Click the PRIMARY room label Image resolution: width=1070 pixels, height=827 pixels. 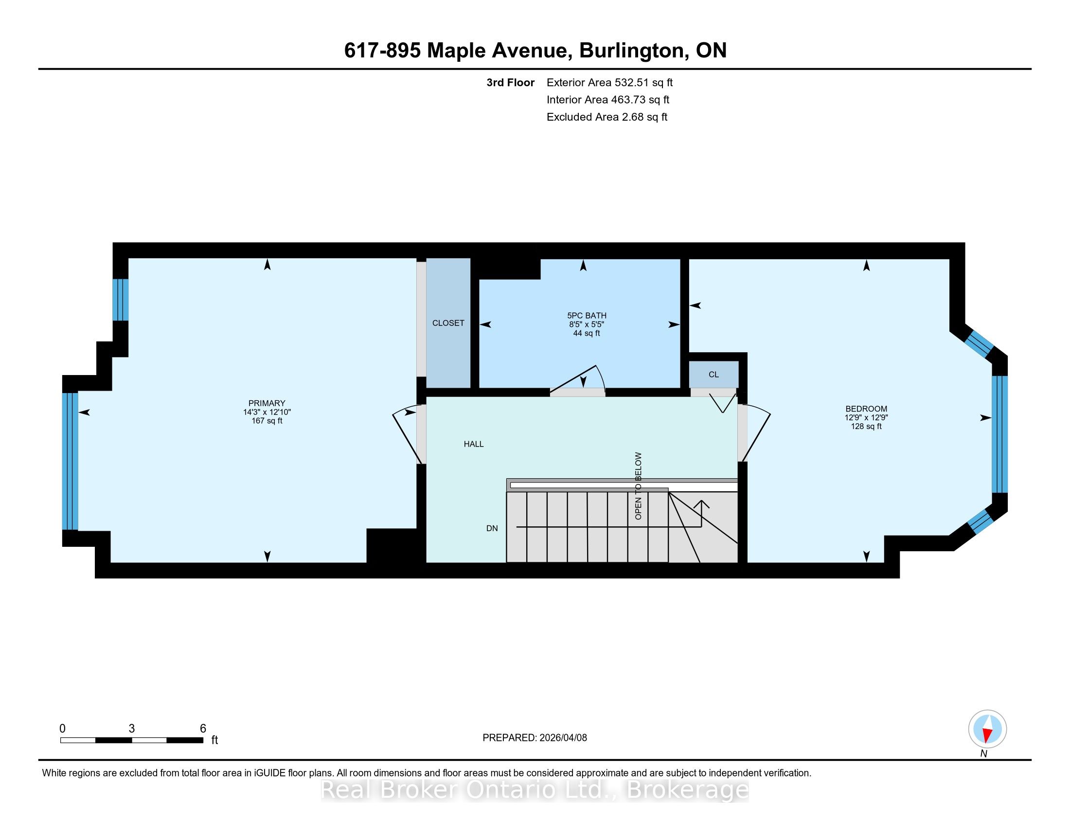267,403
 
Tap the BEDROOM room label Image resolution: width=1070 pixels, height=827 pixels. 866,409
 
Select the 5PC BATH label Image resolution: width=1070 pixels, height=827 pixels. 587,316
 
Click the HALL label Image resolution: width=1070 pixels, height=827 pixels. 474,444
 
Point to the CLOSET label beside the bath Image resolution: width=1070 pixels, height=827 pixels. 448,323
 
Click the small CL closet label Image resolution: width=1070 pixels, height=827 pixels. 714,374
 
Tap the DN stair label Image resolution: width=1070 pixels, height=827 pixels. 492,528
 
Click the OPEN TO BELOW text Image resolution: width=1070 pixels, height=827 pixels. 638,485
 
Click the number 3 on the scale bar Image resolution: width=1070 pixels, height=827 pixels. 132,729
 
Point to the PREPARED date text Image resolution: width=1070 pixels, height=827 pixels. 535,737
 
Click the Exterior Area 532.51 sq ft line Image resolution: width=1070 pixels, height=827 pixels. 609,82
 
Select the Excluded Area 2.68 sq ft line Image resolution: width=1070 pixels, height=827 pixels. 607,117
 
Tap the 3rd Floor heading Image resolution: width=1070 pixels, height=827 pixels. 510,82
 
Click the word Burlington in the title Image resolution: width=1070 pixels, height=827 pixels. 631,51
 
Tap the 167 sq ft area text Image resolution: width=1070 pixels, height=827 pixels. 267,420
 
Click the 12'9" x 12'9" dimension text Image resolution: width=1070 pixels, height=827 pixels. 866,417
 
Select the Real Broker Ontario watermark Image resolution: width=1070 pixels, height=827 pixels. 535,789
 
